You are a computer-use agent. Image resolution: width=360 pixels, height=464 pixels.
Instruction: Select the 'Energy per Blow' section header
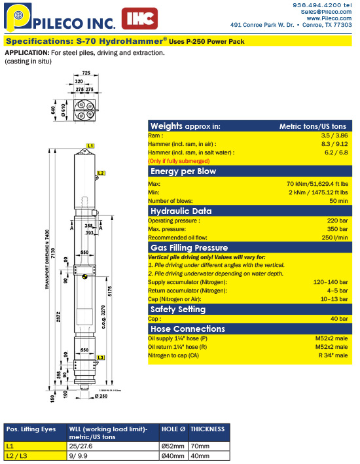[x=183, y=171]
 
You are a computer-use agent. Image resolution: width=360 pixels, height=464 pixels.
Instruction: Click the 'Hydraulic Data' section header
[x=181, y=211]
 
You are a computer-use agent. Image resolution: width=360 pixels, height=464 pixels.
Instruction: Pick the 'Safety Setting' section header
[x=178, y=309]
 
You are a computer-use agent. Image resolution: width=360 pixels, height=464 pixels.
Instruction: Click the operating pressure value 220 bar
[x=338, y=221]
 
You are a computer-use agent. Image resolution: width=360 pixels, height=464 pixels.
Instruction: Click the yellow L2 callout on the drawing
[x=100, y=173]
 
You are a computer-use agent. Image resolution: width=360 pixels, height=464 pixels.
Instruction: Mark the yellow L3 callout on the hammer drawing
[x=100, y=357]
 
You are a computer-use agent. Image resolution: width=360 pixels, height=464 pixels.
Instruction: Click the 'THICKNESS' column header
[x=208, y=429]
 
